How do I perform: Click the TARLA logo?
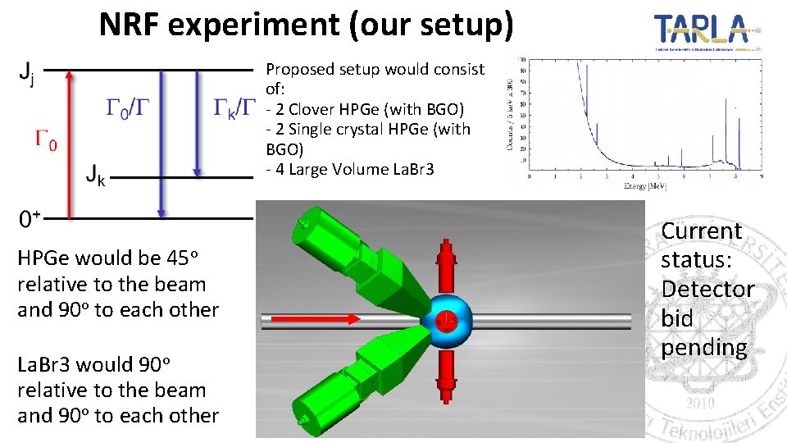point(707,31)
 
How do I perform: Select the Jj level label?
point(26,76)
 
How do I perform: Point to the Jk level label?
point(96,174)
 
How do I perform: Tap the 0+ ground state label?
point(30,219)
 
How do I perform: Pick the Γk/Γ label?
point(235,107)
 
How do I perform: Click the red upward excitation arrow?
point(69,144)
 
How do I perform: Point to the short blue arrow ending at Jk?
point(198,123)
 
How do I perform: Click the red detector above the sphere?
point(447,263)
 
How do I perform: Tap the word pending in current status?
point(704,348)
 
